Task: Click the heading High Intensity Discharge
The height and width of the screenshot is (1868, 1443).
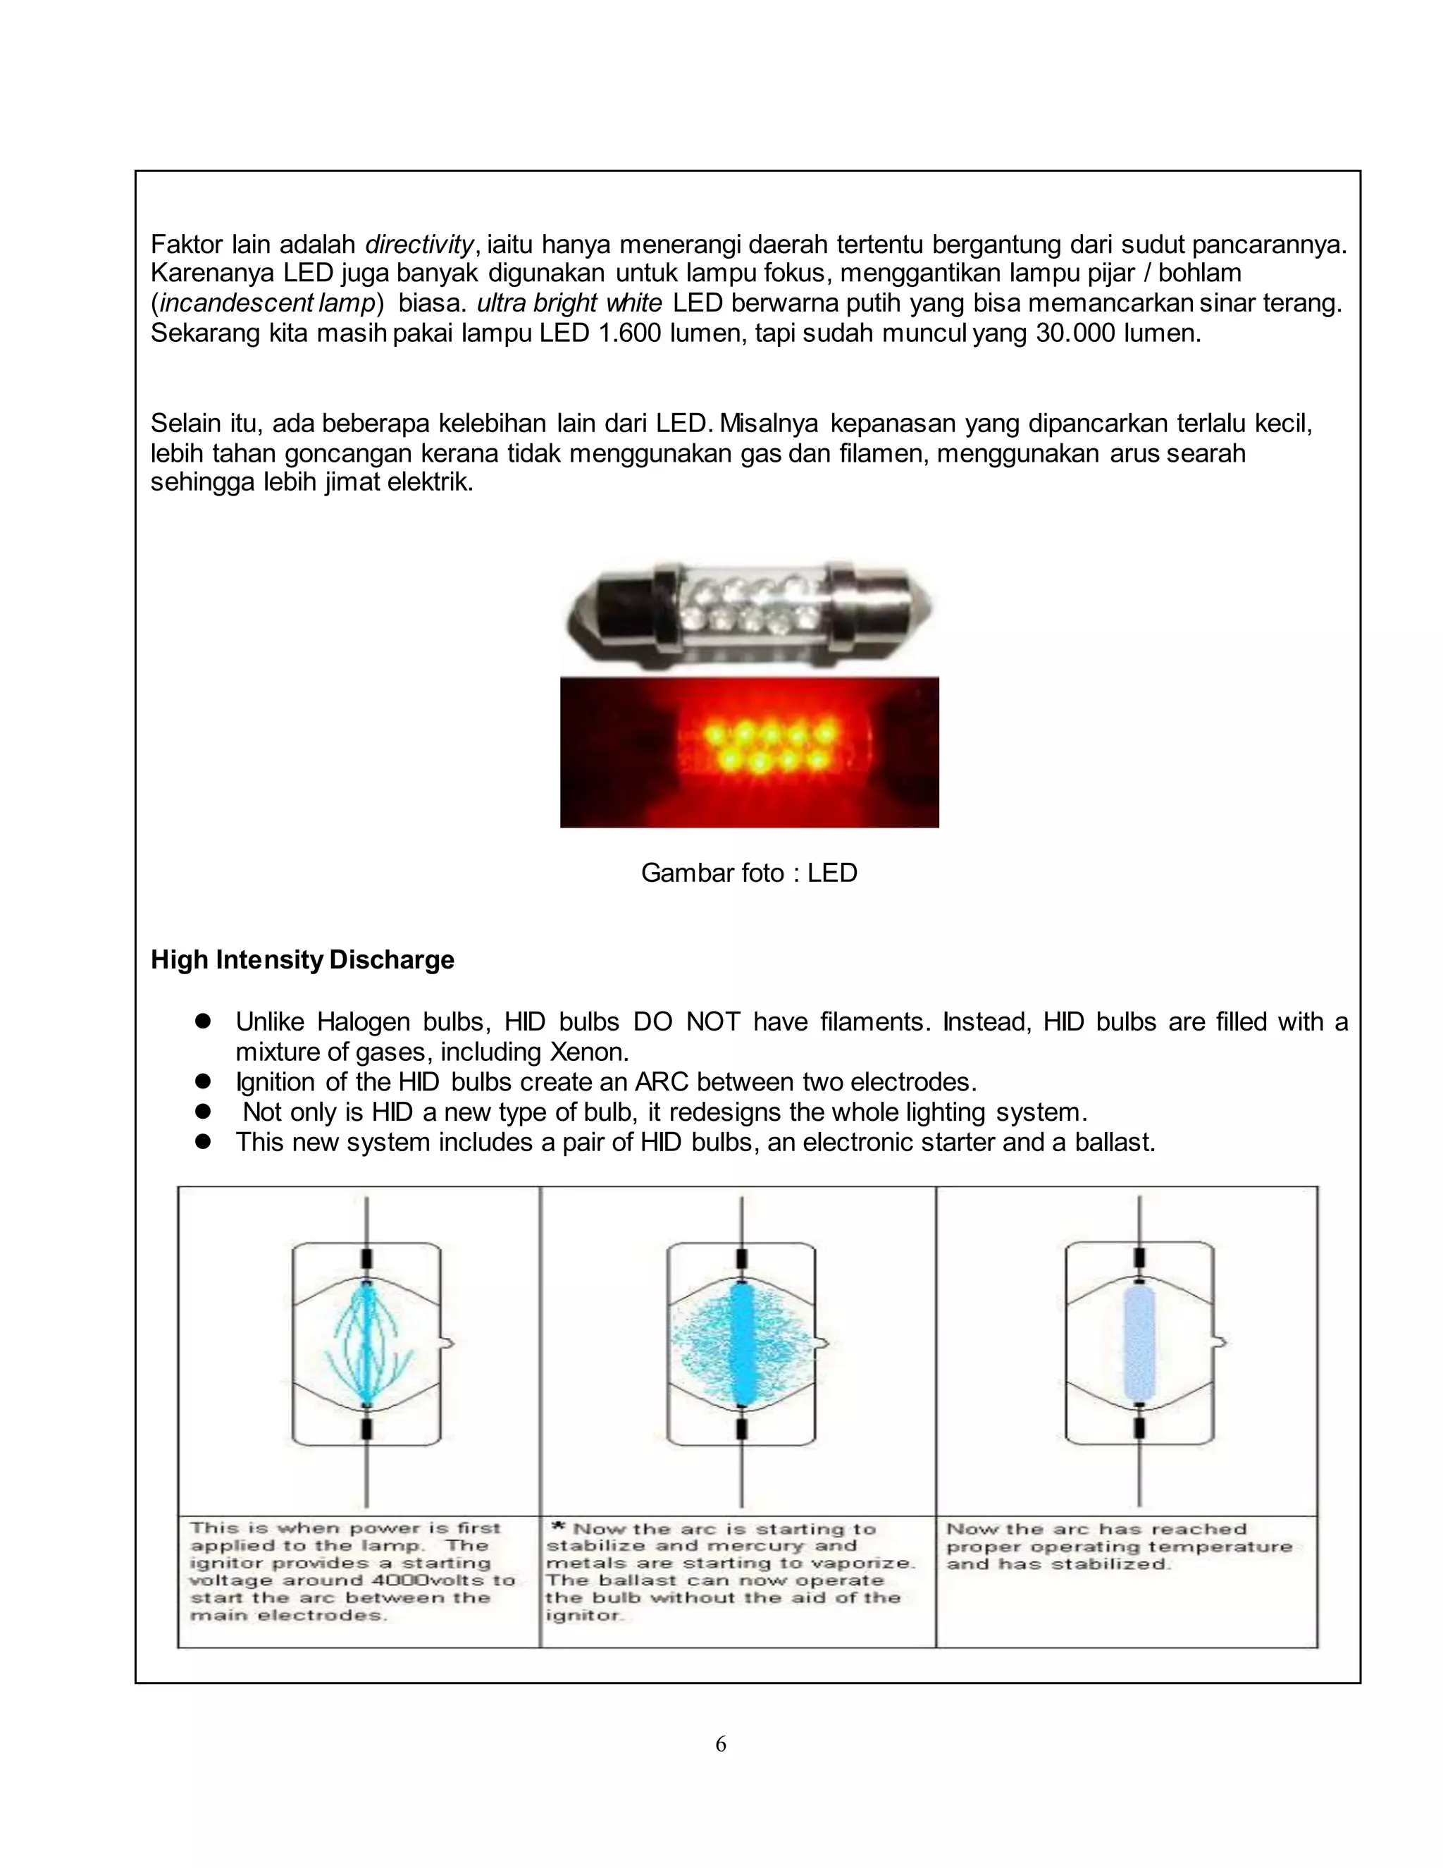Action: click(302, 959)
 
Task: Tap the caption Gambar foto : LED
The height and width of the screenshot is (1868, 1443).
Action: click(749, 873)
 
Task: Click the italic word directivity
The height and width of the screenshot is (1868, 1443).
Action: click(419, 245)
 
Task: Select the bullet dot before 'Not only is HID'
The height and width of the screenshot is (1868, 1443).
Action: click(203, 1111)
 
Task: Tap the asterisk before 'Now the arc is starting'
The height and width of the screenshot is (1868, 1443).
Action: click(558, 1528)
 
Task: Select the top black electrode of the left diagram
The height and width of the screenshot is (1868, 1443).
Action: click(366, 1258)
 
